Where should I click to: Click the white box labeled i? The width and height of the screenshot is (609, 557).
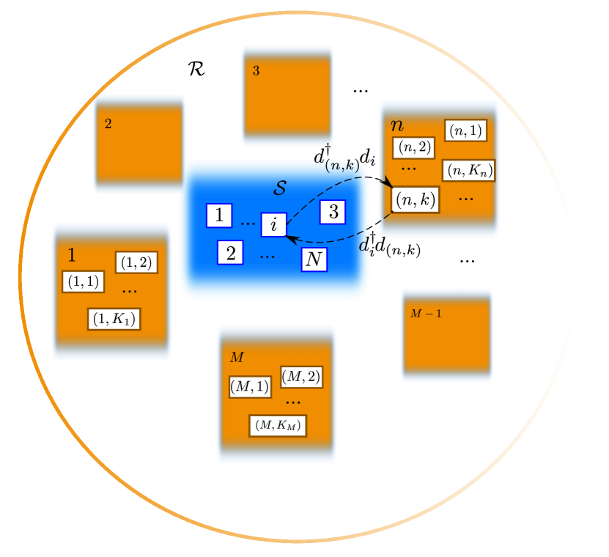pos(273,224)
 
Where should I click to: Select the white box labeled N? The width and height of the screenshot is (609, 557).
pos(314,259)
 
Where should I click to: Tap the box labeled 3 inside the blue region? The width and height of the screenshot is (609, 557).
pos(333,212)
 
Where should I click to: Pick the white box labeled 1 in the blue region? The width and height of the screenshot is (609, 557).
pos(218,215)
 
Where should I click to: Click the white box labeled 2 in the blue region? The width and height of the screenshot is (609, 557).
pos(230,253)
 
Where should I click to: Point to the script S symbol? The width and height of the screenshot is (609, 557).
pos(279,188)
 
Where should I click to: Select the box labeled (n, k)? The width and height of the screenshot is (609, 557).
pos(416,199)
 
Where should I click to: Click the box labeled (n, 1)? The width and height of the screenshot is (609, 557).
pos(465,130)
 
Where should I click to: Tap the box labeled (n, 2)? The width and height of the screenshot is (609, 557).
pos(413,147)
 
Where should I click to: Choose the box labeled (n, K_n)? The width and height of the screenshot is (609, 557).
pos(468,170)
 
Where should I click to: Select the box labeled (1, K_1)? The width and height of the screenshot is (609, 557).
pos(114,319)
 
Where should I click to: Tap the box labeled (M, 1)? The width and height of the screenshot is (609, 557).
pos(250,386)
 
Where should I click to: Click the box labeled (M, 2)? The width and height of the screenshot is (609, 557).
pos(301,377)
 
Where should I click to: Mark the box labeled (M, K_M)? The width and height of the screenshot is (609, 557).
pos(277,425)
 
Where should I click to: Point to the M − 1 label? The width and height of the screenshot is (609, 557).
pos(425,314)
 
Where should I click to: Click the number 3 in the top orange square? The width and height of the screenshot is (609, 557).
pos(256,71)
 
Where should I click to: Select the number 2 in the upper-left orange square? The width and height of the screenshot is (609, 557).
pos(108,124)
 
